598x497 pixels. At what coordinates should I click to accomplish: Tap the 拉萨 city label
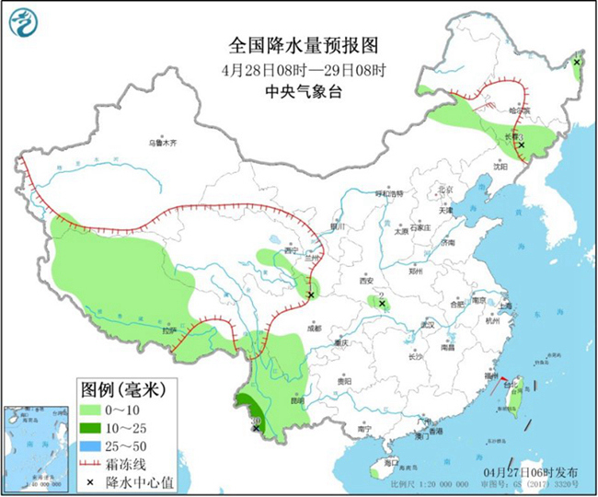(167, 329)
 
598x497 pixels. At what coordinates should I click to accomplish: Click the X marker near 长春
(521, 145)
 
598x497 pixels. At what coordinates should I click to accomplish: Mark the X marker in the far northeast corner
(577, 63)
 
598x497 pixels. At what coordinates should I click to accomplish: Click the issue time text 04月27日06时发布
(528, 473)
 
